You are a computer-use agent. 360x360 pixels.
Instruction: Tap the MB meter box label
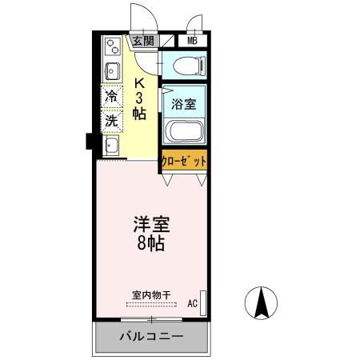click(192, 42)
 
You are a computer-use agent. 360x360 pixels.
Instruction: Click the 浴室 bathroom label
click(184, 102)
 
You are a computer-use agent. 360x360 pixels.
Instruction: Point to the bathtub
click(184, 131)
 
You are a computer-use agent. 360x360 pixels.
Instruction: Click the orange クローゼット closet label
click(184, 159)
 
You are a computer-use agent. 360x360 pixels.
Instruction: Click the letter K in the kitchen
click(139, 82)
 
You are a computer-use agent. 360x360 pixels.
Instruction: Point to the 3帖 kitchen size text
click(139, 106)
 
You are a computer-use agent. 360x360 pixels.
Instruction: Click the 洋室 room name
click(150, 225)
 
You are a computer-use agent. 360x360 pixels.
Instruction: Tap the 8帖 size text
click(150, 244)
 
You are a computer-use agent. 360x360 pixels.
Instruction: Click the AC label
click(192, 303)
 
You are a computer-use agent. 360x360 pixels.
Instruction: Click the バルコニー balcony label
click(152, 337)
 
